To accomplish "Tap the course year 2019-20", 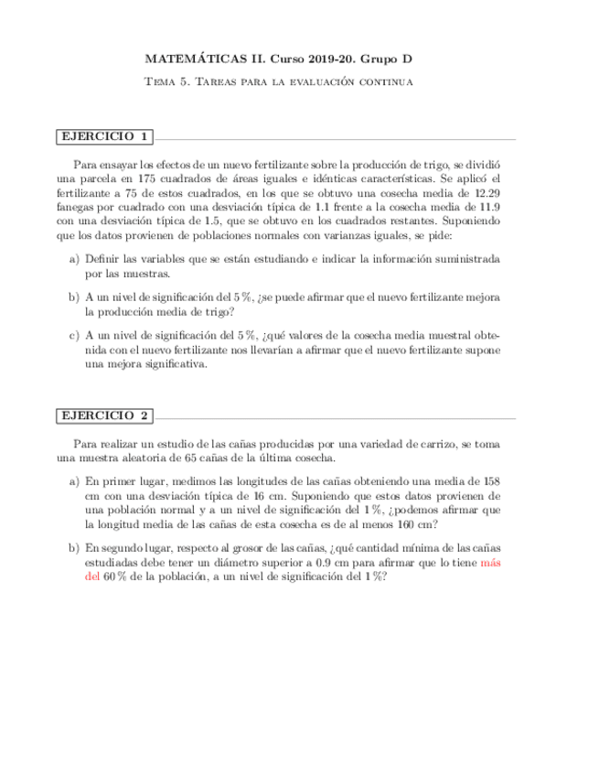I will (x=325, y=59).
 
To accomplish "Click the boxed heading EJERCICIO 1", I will (x=103, y=137).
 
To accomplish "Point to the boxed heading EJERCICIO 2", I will (x=103, y=415).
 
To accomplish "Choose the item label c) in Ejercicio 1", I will (x=74, y=335).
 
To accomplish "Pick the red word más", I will (x=491, y=563).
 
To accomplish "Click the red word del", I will (x=92, y=577).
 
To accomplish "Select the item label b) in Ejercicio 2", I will (x=74, y=548).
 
